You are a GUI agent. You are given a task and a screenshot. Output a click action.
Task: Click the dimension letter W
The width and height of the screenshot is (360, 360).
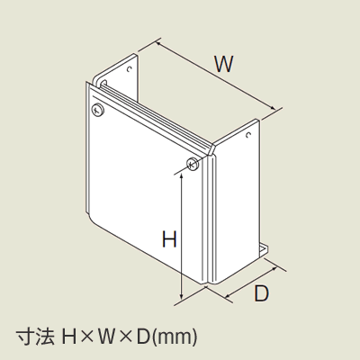click(x=224, y=64)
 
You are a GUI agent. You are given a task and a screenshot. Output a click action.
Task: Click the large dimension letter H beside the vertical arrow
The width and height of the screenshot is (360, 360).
click(x=169, y=239)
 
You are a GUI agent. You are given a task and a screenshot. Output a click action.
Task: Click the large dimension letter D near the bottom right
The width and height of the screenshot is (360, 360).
click(x=261, y=293)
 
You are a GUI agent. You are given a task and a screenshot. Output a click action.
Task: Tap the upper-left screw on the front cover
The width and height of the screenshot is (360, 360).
click(x=98, y=110)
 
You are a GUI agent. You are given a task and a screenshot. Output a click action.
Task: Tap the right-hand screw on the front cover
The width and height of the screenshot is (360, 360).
click(x=193, y=164)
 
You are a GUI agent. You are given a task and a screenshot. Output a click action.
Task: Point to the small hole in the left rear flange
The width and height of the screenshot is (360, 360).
click(x=130, y=69)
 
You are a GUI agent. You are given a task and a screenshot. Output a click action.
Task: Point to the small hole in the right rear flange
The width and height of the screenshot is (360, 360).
click(x=248, y=135)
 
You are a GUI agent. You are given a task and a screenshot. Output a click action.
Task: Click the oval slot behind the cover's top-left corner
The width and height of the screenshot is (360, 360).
click(x=103, y=83)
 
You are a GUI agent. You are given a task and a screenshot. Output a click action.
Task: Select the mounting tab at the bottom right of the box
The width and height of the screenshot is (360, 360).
click(x=264, y=250)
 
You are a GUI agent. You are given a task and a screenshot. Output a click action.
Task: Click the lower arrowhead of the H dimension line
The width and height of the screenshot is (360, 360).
click(x=181, y=297)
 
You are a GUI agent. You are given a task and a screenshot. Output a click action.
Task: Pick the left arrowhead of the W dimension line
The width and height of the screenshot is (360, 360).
click(x=158, y=44)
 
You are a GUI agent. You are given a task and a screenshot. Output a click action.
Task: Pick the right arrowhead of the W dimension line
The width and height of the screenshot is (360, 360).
click(x=273, y=108)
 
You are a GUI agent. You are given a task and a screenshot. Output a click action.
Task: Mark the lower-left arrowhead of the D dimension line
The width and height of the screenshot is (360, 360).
click(x=228, y=296)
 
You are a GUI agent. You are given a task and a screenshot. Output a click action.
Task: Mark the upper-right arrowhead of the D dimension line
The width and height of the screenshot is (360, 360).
click(x=274, y=268)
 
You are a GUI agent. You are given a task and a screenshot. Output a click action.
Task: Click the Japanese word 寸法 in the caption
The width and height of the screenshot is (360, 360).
click(x=35, y=337)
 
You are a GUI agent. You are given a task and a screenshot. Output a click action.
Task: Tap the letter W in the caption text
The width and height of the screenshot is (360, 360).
click(x=105, y=337)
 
